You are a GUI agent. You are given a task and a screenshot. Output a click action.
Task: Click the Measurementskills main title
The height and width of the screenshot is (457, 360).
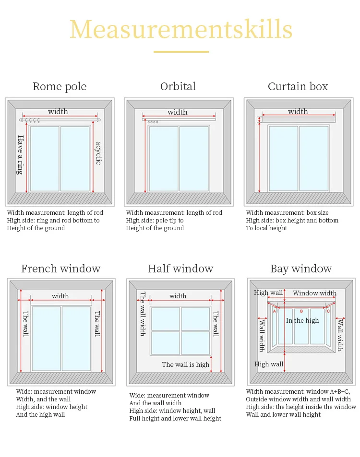click(180, 30)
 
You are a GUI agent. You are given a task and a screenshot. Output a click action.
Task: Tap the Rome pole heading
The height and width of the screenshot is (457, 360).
click(60, 87)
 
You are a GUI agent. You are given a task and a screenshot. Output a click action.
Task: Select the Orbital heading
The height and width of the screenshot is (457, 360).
click(178, 86)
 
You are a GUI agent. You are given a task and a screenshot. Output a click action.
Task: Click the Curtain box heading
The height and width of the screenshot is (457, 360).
click(298, 87)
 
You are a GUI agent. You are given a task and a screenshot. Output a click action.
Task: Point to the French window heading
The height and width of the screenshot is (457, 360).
click(60, 269)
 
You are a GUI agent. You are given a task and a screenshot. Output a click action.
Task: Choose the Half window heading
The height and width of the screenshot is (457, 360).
click(180, 269)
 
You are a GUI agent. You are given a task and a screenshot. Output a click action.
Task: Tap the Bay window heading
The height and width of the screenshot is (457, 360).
click(301, 269)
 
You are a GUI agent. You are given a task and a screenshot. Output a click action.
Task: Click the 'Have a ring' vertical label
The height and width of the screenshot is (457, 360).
click(21, 154)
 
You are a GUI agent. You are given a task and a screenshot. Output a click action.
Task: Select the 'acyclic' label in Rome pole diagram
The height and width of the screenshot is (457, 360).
click(98, 153)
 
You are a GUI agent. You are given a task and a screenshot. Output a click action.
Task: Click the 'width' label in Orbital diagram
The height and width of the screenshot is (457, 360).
click(178, 112)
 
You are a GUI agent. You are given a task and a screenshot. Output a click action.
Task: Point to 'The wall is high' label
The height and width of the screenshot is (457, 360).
click(185, 364)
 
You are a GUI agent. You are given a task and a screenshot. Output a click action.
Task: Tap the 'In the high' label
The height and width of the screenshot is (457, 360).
click(302, 320)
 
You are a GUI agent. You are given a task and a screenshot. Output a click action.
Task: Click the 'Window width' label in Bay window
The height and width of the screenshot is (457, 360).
click(314, 293)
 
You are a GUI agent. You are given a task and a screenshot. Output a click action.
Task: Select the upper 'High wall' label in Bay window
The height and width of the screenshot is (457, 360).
click(268, 293)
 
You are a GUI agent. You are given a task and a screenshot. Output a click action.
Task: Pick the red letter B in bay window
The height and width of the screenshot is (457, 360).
click(301, 311)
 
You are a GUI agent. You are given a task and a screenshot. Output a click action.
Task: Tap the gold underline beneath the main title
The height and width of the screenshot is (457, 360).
click(181, 51)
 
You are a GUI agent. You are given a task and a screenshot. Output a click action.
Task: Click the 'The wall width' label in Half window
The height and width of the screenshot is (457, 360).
click(143, 314)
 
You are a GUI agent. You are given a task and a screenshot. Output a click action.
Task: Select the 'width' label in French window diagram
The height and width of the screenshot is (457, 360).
click(60, 296)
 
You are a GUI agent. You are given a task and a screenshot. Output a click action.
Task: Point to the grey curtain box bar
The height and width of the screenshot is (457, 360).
click(298, 119)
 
